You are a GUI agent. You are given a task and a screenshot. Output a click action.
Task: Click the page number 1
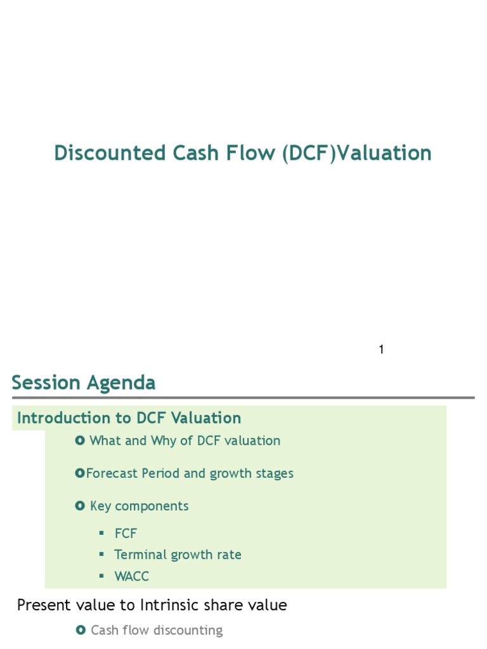click(x=381, y=349)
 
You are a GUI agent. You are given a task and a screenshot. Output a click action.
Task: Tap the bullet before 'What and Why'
click(x=80, y=440)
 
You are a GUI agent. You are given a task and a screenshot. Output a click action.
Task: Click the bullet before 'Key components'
click(x=80, y=506)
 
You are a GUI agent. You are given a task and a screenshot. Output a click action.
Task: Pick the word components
click(x=160, y=506)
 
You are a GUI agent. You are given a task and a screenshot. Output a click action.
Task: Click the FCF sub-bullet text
click(x=126, y=534)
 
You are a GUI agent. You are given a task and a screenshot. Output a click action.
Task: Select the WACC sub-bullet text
click(x=132, y=576)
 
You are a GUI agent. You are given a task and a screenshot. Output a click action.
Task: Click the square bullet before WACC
click(x=101, y=576)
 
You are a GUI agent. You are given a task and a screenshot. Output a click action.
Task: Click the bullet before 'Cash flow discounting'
click(x=80, y=630)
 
